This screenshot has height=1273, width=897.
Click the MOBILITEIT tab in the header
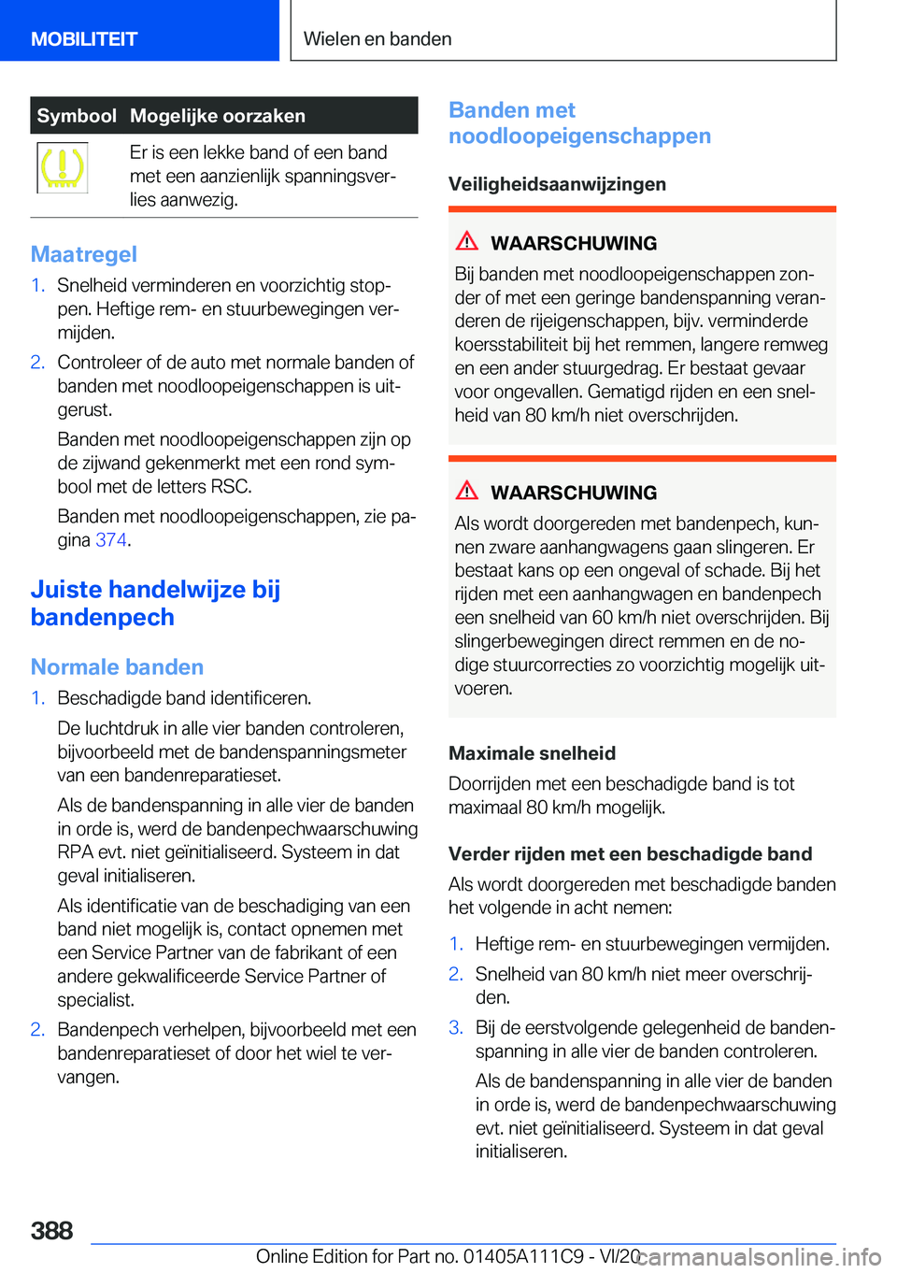(x=84, y=39)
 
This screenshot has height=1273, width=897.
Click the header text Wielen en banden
(x=377, y=39)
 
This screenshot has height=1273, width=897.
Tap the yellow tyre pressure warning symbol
(x=63, y=167)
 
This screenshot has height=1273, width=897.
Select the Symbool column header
(x=77, y=116)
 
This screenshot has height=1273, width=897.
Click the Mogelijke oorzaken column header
(x=218, y=116)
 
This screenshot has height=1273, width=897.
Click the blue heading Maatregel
(x=84, y=254)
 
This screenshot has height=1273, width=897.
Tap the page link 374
(x=110, y=540)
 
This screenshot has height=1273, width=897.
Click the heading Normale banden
(x=117, y=667)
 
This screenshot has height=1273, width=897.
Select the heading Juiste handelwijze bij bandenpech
(x=155, y=604)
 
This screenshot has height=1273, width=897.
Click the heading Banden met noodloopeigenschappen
(x=579, y=123)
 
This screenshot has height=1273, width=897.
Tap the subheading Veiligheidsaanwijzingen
(x=557, y=184)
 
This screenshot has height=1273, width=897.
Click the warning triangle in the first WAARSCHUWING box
(x=467, y=241)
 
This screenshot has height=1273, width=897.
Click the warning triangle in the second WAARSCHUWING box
(x=467, y=491)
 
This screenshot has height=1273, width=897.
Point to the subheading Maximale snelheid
(x=532, y=753)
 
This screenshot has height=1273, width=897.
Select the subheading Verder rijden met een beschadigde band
(x=630, y=854)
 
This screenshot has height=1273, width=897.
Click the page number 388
(x=52, y=1231)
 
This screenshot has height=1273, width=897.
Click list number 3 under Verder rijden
(x=455, y=1028)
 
